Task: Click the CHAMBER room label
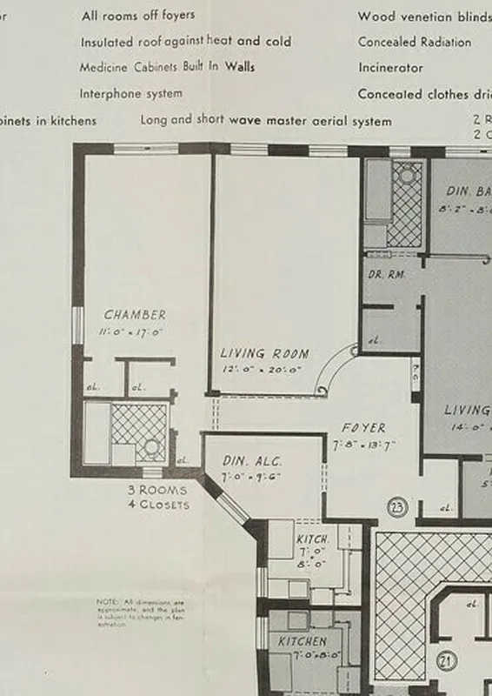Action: click(135, 315)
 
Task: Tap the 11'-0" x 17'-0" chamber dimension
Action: click(134, 331)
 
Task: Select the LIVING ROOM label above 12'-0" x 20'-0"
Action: click(264, 353)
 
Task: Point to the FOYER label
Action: click(364, 428)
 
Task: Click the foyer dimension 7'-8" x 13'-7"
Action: click(364, 445)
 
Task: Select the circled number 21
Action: click(447, 660)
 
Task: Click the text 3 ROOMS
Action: click(157, 490)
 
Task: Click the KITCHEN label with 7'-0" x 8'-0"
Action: click(302, 641)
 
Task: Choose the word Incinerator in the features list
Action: click(390, 67)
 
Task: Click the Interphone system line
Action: click(131, 93)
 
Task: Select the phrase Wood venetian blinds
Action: click(424, 16)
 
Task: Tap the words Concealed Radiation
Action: click(415, 42)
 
